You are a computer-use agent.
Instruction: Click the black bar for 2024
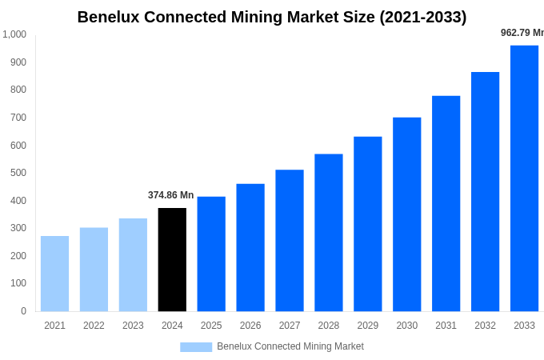[x=172, y=259]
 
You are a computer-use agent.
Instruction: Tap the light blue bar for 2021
[x=54, y=274]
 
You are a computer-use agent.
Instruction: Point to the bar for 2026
[x=250, y=247]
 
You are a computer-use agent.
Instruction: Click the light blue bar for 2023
[x=133, y=265]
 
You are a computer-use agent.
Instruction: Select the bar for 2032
[x=485, y=191]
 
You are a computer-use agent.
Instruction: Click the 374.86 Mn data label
[x=170, y=195]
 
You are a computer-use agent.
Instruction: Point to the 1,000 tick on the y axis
[x=14, y=34]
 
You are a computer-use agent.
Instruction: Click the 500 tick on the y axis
[x=18, y=173]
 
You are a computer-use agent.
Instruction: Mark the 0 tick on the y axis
[x=23, y=311]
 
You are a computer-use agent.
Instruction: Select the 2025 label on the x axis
[x=211, y=326]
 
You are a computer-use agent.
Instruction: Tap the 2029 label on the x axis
[x=367, y=326]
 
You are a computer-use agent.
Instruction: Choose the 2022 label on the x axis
[x=94, y=326]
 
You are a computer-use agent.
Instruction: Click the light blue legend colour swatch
[x=196, y=347]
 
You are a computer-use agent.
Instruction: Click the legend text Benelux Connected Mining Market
[x=290, y=346]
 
